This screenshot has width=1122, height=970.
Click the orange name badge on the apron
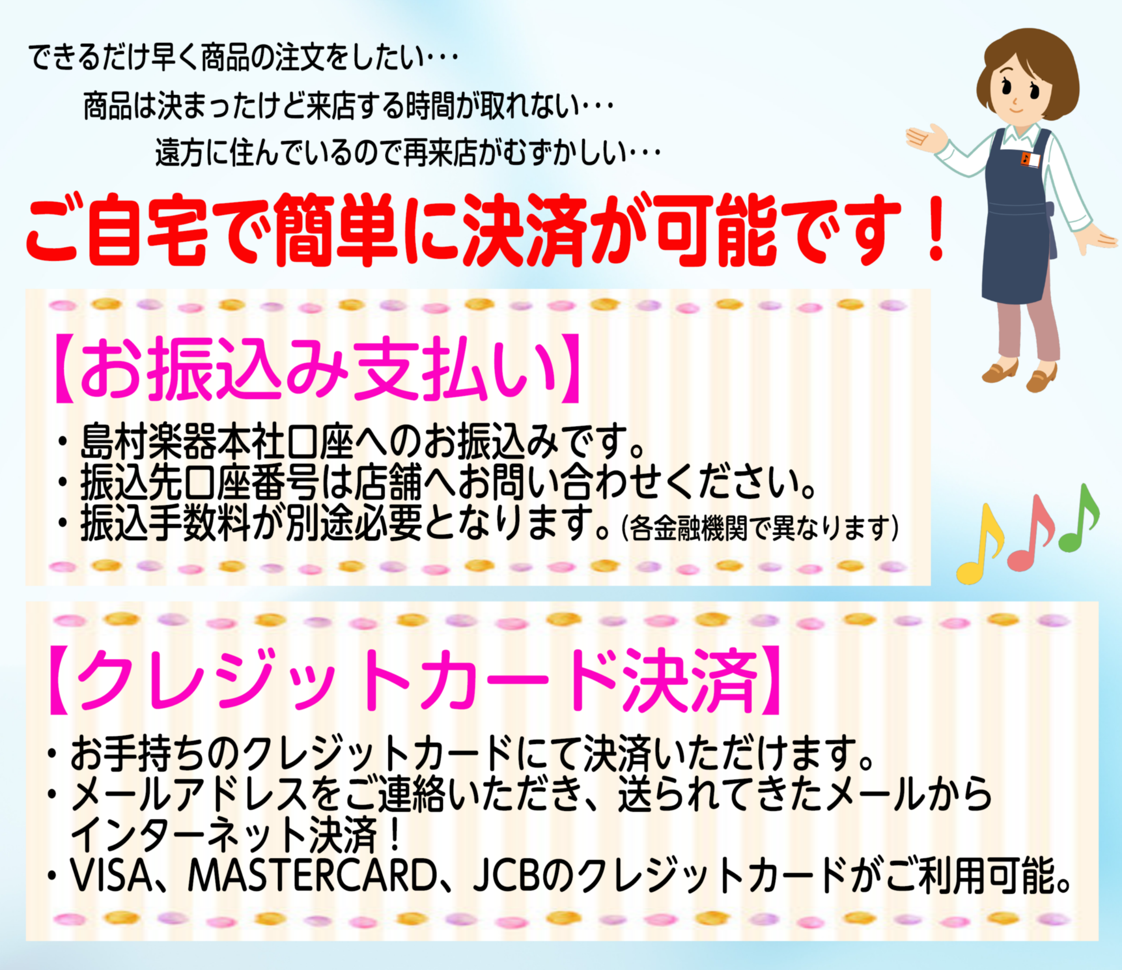(x=1029, y=159)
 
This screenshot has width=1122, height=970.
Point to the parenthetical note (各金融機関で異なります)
(x=761, y=527)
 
